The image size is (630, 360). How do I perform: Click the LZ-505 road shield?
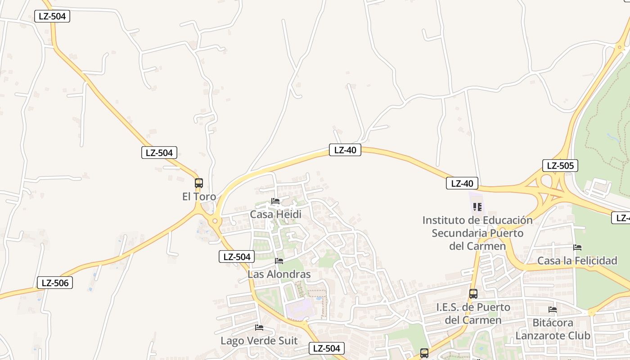(560, 166)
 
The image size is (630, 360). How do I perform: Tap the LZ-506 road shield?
(54, 283)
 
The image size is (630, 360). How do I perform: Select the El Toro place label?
(199, 197)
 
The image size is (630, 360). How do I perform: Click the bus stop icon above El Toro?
(199, 183)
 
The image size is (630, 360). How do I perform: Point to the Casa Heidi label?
(275, 214)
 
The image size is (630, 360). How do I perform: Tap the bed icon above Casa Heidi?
(275, 201)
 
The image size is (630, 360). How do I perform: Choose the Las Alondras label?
(279, 274)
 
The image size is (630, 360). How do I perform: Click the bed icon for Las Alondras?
(279, 261)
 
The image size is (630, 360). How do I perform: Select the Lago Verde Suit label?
(259, 341)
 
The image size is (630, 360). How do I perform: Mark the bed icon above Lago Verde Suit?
(259, 328)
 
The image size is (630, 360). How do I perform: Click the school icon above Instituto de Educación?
(477, 207)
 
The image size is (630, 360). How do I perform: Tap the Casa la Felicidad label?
(577, 261)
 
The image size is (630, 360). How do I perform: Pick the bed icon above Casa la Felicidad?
(577, 247)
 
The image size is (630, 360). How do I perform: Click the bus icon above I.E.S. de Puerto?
(473, 294)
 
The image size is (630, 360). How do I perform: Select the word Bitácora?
(553, 323)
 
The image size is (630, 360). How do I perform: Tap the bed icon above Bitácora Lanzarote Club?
(553, 310)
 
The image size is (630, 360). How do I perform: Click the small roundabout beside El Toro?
(215, 220)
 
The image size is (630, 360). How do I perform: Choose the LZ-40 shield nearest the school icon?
(462, 183)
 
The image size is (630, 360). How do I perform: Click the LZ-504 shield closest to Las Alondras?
(237, 256)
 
